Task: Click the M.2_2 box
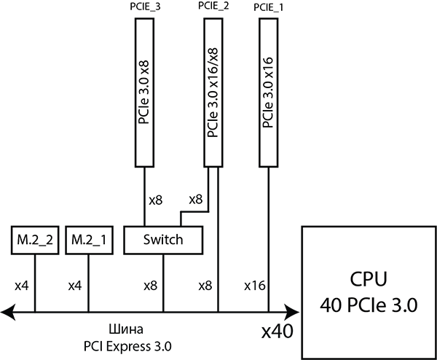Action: [x=35, y=240]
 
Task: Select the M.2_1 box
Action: [x=89, y=240]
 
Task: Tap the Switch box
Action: [x=162, y=240]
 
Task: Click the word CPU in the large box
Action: [x=368, y=280]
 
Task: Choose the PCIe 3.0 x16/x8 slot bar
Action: [x=213, y=92]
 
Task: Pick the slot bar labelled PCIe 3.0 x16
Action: [x=269, y=92]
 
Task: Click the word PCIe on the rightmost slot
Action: [x=269, y=117]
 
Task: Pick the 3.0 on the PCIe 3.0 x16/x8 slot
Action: [x=213, y=99]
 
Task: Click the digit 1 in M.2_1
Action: [x=105, y=240]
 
